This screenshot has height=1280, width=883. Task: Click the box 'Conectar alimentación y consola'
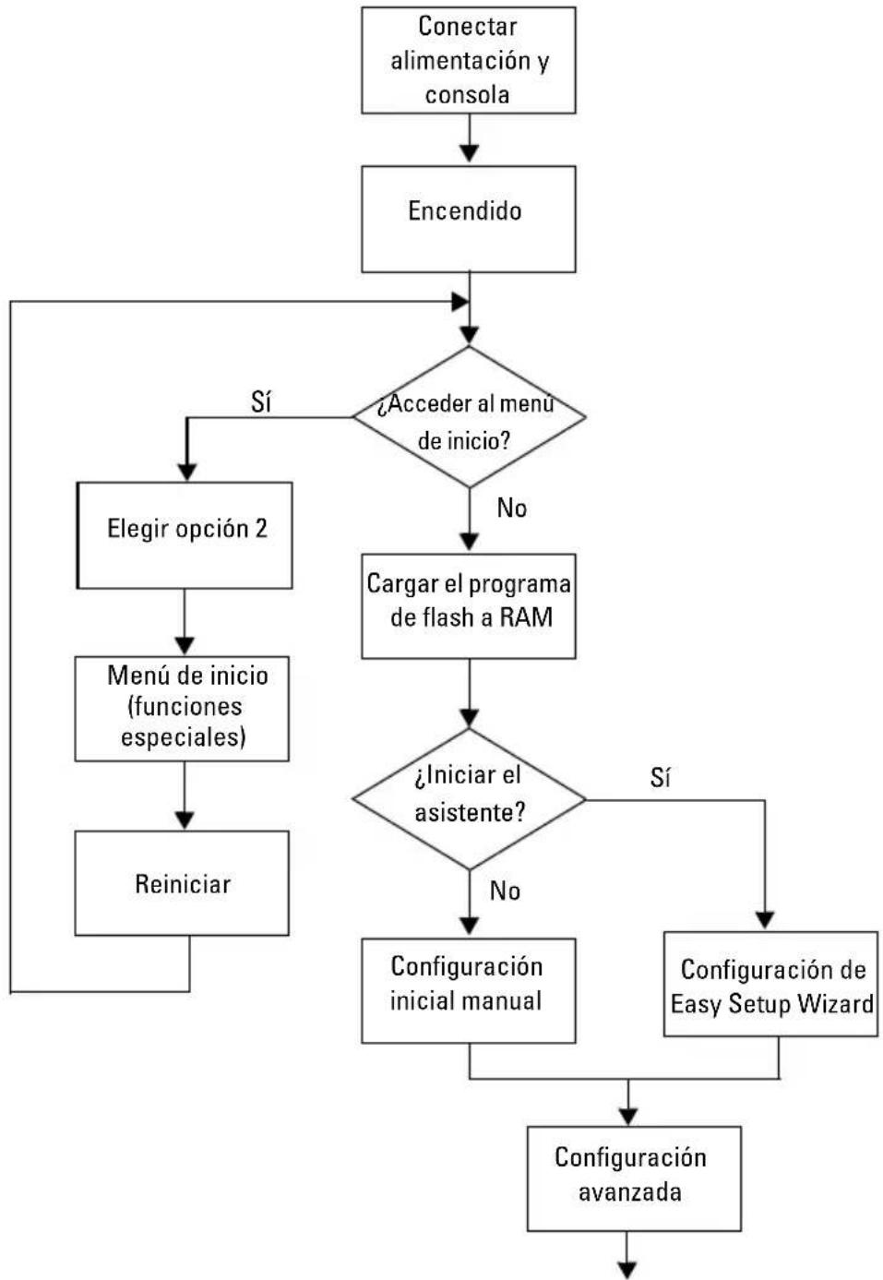[x=469, y=60]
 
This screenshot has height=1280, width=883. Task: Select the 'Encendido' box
[x=469, y=219]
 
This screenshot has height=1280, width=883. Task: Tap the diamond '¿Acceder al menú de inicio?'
[x=469, y=416]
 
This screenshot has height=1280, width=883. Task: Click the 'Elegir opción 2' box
[x=185, y=535]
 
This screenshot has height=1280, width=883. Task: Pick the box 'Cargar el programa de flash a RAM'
[x=469, y=605]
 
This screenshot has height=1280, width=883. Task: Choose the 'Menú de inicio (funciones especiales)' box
[x=182, y=709]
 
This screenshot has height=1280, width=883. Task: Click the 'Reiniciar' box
[x=182, y=883]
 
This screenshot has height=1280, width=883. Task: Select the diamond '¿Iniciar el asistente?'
[x=469, y=799]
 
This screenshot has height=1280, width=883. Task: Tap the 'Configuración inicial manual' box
[x=469, y=990]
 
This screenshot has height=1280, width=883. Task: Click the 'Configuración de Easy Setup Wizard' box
[x=770, y=984]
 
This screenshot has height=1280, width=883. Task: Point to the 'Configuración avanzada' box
[x=634, y=1178]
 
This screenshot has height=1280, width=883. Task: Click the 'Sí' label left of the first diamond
[x=261, y=402]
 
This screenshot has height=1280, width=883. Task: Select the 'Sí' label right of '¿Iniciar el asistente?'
[x=661, y=777]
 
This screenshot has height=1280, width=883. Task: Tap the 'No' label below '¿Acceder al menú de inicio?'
[x=512, y=508]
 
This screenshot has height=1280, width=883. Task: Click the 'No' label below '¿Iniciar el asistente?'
[x=505, y=891]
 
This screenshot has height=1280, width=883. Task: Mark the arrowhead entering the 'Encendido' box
[x=469, y=154]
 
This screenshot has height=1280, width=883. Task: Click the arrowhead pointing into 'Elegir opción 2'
[x=187, y=472]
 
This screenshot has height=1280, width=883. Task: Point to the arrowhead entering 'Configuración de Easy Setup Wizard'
[x=765, y=920]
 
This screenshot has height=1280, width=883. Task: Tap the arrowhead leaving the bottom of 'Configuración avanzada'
[x=627, y=1270]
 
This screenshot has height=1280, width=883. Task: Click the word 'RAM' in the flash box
[x=526, y=617]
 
